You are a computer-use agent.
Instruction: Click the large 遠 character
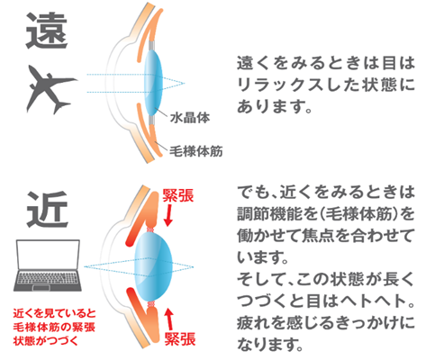[x=47, y=31]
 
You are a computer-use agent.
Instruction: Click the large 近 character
[x=47, y=210]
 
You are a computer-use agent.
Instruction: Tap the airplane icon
[x=51, y=89]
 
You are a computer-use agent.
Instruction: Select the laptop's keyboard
[x=48, y=279]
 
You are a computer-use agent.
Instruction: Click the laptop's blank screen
[x=48, y=255]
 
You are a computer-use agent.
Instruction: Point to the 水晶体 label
[x=190, y=118]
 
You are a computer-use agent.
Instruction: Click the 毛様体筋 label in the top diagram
[x=196, y=151]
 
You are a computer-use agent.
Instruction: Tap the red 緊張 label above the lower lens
[x=178, y=195]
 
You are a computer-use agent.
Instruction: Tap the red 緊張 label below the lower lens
[x=180, y=339]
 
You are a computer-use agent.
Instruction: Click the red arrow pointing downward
[x=168, y=215]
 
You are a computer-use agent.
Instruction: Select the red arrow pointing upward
[x=169, y=319]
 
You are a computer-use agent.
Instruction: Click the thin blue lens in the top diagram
[x=153, y=83]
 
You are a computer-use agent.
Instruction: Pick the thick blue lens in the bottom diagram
[x=153, y=267]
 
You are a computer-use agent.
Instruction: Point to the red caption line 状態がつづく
[x=46, y=341]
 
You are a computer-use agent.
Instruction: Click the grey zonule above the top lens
[x=152, y=45]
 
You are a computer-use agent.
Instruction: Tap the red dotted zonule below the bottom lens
[x=151, y=304]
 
